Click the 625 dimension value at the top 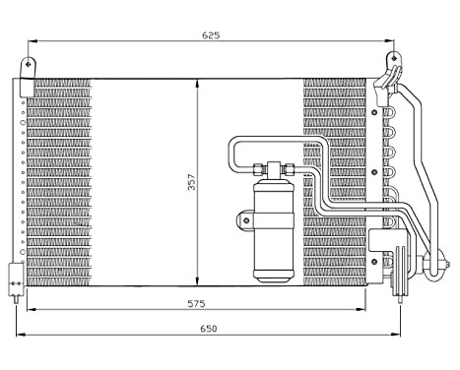(211, 34)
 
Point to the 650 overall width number (209, 328)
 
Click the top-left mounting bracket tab (30, 67)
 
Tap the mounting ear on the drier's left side (244, 218)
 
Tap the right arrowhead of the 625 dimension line (389, 41)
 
